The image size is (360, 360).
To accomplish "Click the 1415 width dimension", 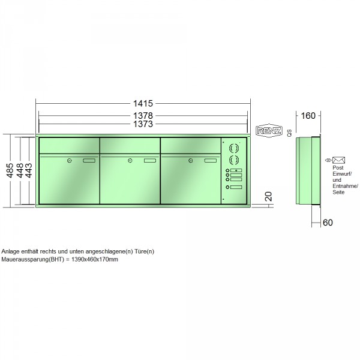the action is (x=143, y=104).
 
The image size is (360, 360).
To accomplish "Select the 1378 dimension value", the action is (x=143, y=115).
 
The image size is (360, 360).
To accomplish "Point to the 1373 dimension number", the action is (x=143, y=124).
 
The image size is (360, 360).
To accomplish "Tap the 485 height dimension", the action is (x=10, y=170).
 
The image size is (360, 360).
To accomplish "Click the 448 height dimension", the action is (x=20, y=170).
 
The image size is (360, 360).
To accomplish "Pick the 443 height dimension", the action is (x=29, y=170).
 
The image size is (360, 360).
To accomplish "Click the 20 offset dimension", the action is (x=268, y=197).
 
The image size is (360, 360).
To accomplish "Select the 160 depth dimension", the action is (x=308, y=116).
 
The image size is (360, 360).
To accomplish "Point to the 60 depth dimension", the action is (x=328, y=223).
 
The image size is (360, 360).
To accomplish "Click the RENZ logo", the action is (x=269, y=131).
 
